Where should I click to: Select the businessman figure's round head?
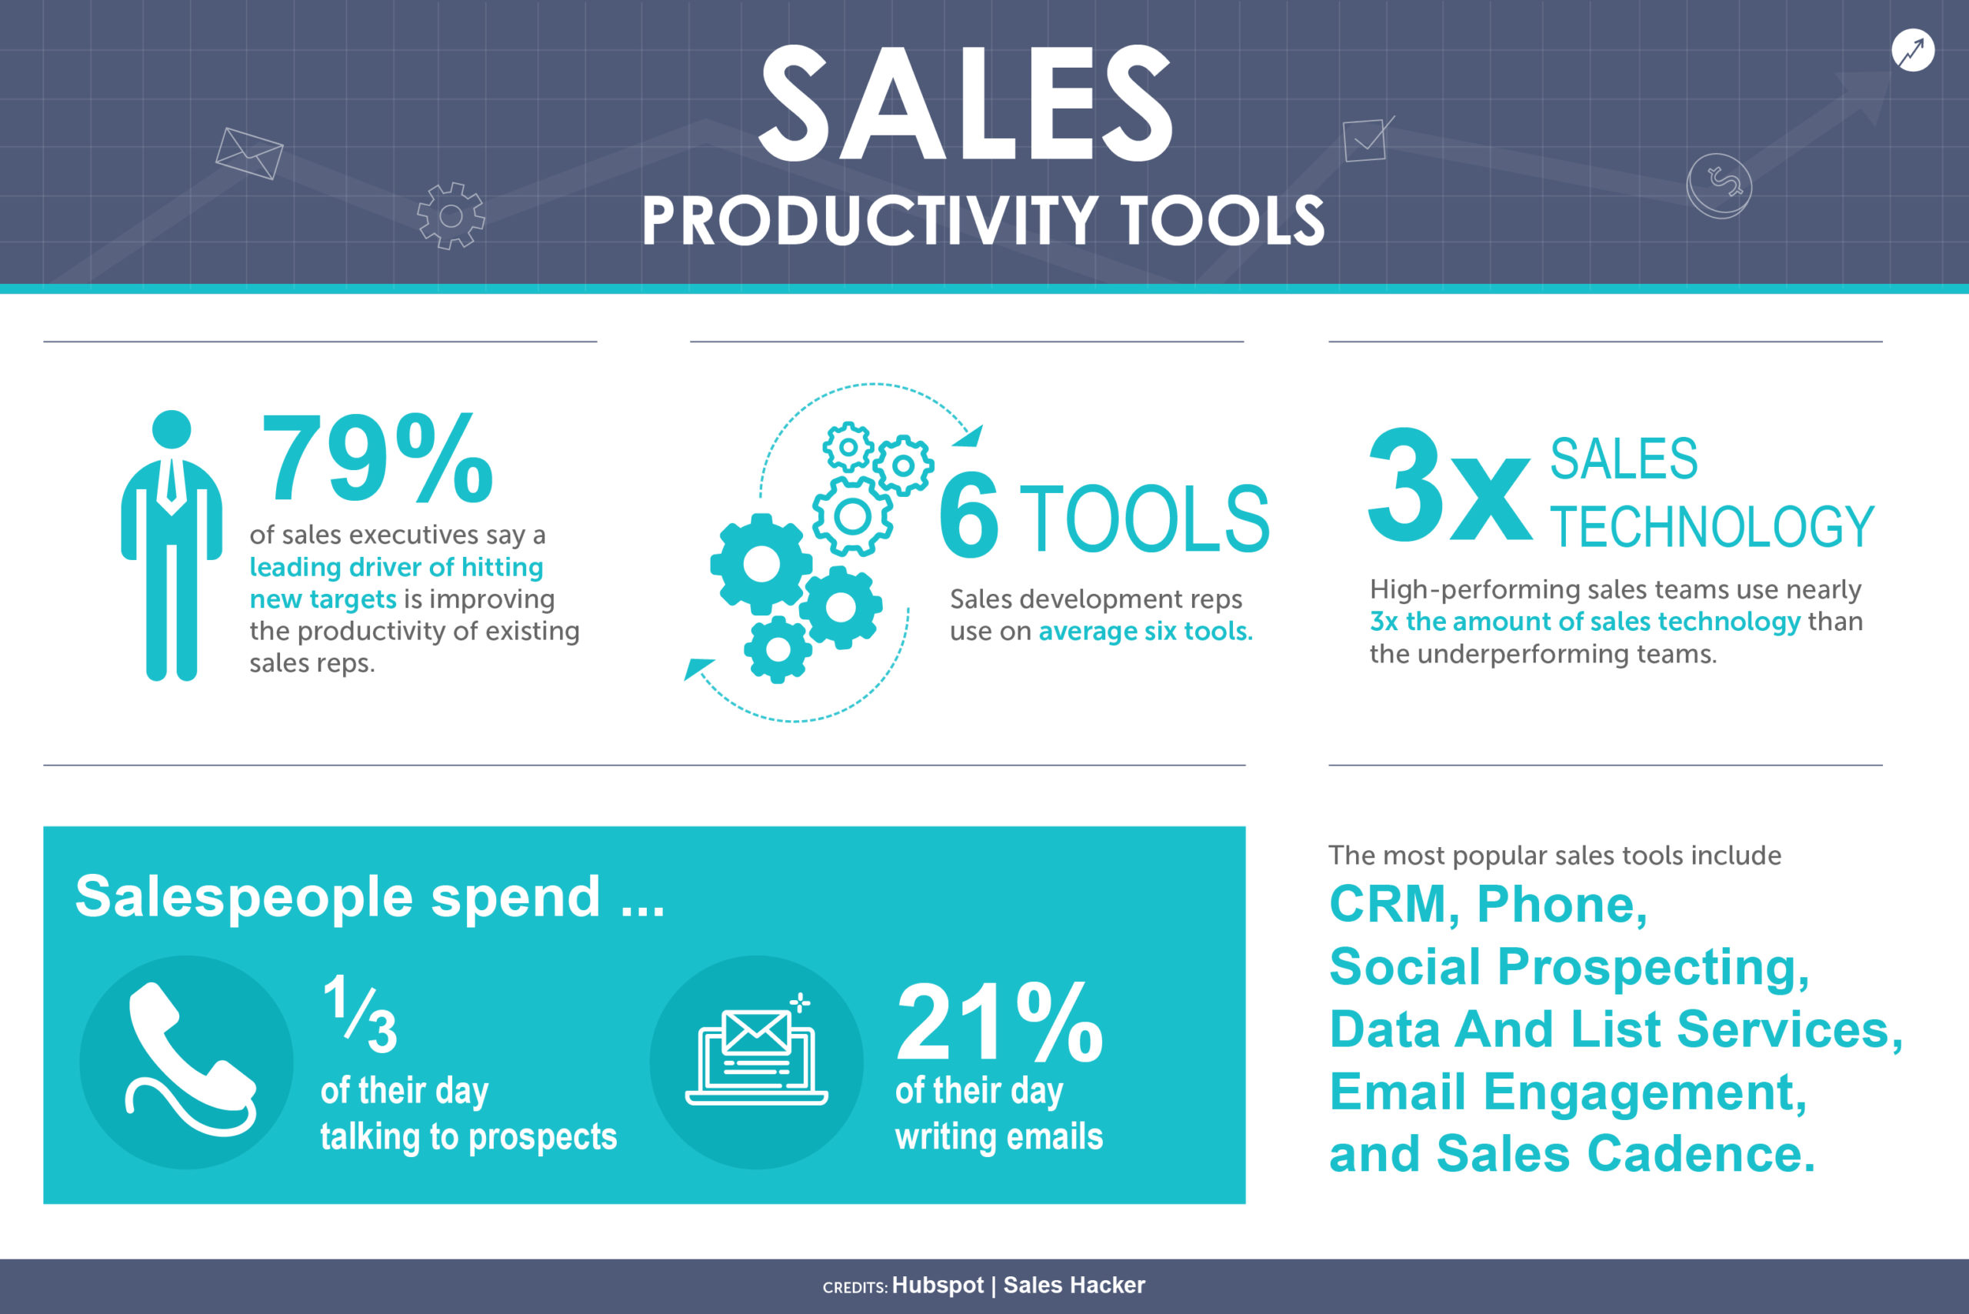tap(172, 430)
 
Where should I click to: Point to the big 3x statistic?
tap(1449, 486)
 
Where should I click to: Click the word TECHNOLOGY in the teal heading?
tap(1712, 526)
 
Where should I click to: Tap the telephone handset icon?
tap(188, 1060)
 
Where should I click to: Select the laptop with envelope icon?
tap(757, 1058)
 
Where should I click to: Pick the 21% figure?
tap(999, 1023)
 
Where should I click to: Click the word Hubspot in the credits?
tap(938, 1286)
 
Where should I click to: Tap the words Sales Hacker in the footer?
tap(1074, 1286)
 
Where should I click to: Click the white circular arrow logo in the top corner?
tap(1913, 51)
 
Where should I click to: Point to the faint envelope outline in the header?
tap(249, 153)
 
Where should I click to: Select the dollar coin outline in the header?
tap(1719, 185)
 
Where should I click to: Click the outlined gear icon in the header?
tap(451, 216)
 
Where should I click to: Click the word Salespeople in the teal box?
tap(244, 897)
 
